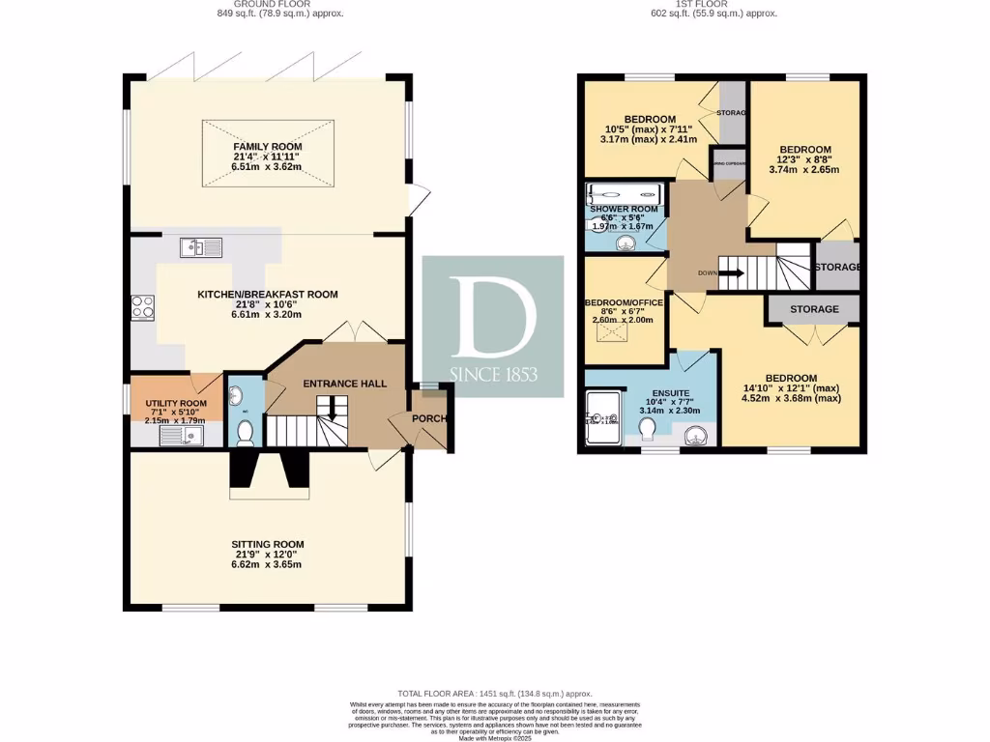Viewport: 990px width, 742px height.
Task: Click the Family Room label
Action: [266, 147]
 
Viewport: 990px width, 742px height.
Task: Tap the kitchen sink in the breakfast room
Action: [200, 248]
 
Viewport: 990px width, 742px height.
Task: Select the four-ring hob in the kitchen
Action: [143, 306]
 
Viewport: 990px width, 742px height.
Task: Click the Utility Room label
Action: [176, 403]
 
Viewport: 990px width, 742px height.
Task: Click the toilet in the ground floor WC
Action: [246, 431]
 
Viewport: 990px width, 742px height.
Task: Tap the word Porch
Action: [428, 419]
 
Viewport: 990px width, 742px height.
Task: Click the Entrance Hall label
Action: [345, 384]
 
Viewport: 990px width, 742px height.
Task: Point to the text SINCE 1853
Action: [493, 374]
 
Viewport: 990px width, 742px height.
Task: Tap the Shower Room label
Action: [624, 209]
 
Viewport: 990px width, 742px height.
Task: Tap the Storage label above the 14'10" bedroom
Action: [813, 309]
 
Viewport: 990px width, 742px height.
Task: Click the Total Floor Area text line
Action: [494, 694]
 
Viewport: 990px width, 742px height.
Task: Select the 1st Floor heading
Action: [714, 4]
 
